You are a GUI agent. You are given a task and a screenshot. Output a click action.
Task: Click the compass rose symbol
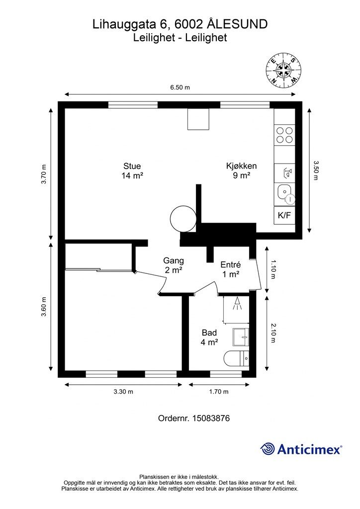[284, 70]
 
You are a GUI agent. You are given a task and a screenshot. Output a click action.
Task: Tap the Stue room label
[132, 171]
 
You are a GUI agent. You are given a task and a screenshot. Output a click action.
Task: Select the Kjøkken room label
[242, 171]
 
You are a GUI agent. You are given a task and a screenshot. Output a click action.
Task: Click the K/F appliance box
[284, 215]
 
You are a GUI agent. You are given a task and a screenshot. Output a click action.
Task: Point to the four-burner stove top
[284, 135]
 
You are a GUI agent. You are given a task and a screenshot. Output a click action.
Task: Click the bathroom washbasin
[241, 338]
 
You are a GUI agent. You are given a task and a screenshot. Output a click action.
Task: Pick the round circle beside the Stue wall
[183, 219]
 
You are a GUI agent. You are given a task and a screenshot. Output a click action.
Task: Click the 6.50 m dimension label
[180, 87]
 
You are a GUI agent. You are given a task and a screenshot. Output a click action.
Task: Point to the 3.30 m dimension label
[123, 392]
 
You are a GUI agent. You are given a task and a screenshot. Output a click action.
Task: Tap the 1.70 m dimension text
[219, 392]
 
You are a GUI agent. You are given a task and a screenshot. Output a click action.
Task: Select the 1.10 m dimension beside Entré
[273, 269]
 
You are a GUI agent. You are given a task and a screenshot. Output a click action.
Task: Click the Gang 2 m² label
[174, 265]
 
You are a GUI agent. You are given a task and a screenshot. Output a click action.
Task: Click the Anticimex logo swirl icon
[268, 449]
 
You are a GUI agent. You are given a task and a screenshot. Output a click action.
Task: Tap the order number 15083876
[211, 418]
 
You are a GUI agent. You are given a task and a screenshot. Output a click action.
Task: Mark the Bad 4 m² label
[209, 338]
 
